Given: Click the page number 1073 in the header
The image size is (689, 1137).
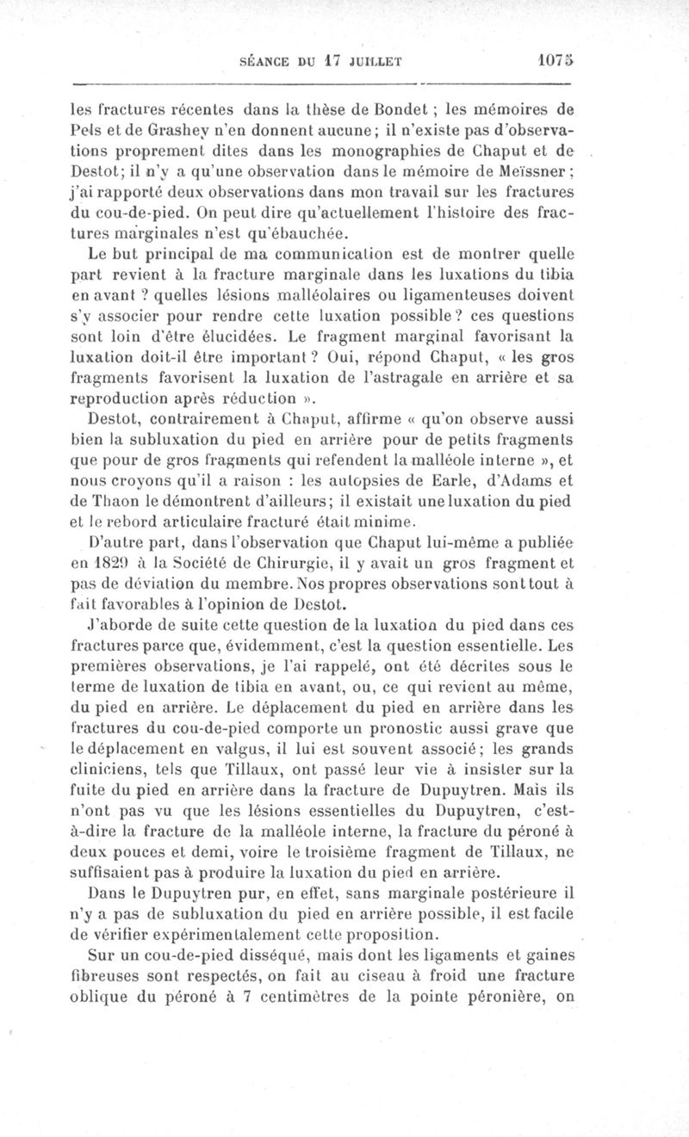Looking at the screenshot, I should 550,61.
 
